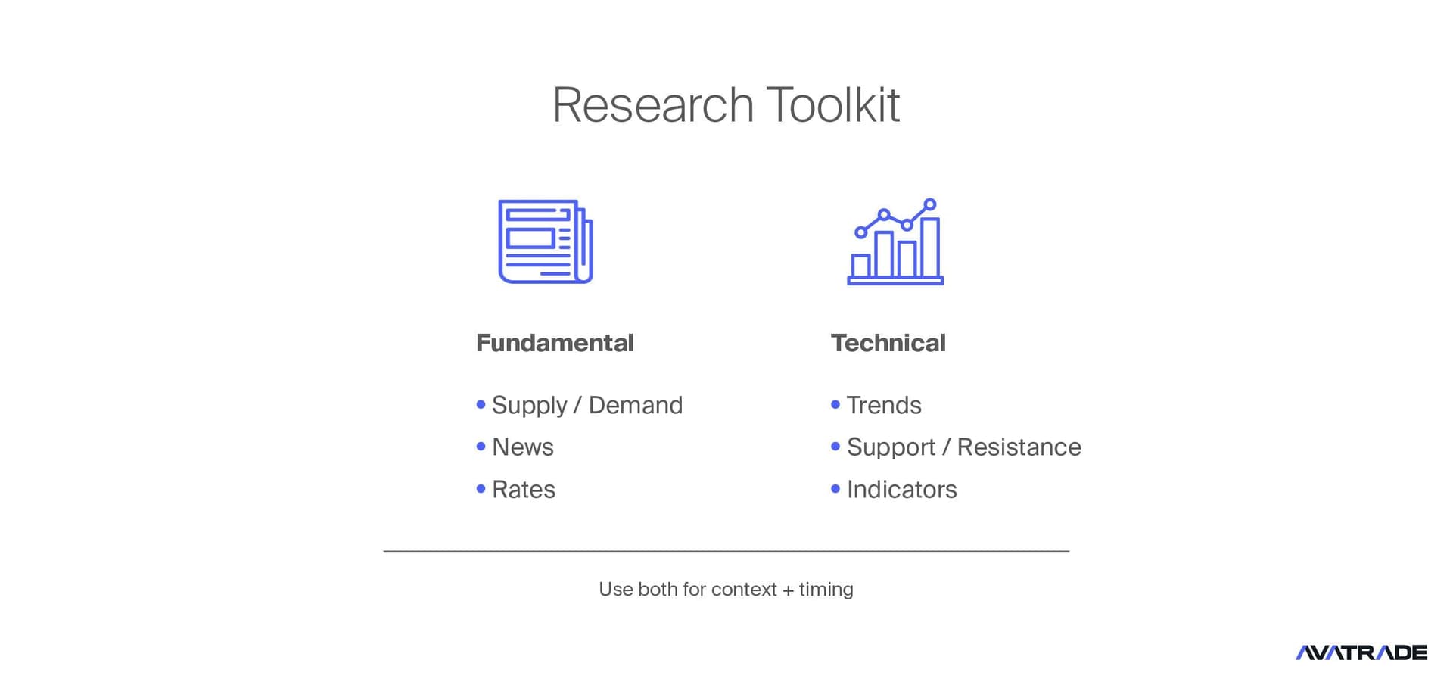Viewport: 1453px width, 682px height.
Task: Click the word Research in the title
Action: (653, 104)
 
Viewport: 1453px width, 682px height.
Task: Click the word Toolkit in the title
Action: (833, 104)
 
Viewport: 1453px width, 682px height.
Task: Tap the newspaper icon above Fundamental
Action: (546, 241)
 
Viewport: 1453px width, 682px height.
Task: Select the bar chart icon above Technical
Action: (895, 241)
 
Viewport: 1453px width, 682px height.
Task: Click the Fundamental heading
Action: (555, 343)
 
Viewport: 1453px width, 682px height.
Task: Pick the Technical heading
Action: (888, 343)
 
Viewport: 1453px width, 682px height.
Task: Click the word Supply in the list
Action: (529, 406)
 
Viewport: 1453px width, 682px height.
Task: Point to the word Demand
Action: (636, 405)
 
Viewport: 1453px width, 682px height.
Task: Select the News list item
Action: (523, 447)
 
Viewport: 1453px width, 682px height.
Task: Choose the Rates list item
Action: (524, 490)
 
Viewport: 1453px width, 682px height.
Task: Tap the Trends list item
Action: (884, 405)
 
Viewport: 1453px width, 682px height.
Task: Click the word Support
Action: (891, 447)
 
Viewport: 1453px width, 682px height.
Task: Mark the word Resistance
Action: (1019, 447)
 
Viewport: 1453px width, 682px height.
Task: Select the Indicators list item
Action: (902, 490)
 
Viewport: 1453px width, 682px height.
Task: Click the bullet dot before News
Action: (481, 447)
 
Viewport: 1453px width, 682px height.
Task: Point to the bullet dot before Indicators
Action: (835, 489)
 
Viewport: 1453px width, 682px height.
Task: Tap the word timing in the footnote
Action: (826, 590)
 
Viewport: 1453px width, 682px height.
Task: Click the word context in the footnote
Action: (744, 590)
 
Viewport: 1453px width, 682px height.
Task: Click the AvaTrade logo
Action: (1361, 652)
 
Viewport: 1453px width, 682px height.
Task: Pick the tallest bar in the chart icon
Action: (930, 248)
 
